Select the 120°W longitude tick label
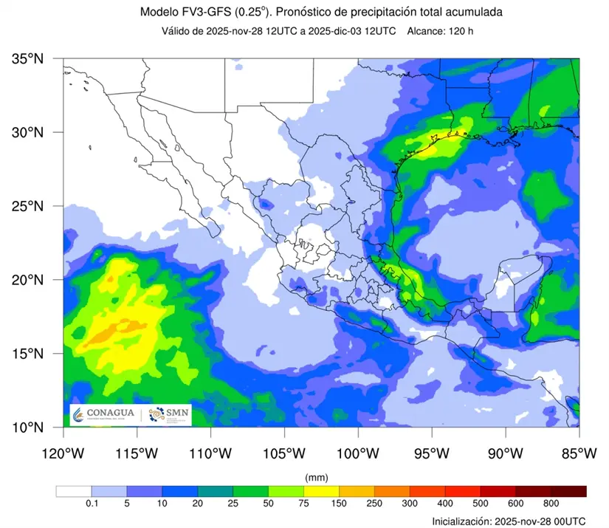pos(63,453)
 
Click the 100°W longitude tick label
pos(358,453)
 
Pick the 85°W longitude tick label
pos(579,453)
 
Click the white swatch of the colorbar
pos(73,491)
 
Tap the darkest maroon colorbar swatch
pos(569,491)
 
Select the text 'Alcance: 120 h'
pos(442,31)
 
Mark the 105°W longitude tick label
pos(284,453)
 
